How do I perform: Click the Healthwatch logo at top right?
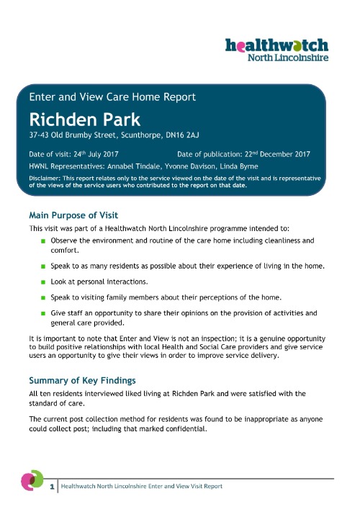pyautogui.click(x=277, y=49)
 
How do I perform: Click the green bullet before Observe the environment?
pyautogui.click(x=43, y=240)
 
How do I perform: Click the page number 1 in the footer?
pyautogui.click(x=53, y=487)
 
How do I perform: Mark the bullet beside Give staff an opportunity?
pyautogui.click(x=43, y=314)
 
